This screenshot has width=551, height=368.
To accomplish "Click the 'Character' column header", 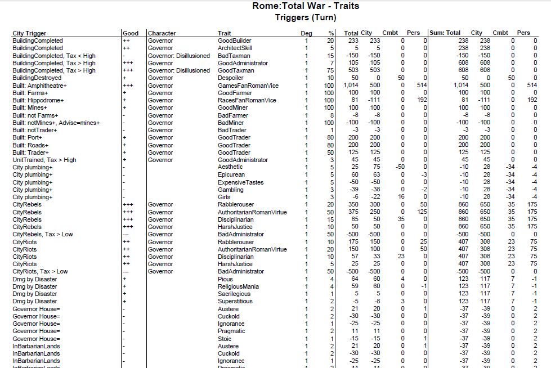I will pyautogui.click(x=162, y=33).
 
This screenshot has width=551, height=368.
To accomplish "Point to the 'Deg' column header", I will pyautogui.click(x=306, y=33).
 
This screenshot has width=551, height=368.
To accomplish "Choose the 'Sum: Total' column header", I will pyautogui.click(x=445, y=33).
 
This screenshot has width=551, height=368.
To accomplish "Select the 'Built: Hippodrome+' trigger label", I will pyautogui.click(x=38, y=100).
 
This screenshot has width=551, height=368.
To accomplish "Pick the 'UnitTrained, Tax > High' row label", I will pyautogui.click(x=44, y=160).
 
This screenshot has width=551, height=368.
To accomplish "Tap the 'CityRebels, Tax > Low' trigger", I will pyautogui.click(x=43, y=234).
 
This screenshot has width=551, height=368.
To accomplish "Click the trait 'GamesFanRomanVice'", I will pyautogui.click(x=247, y=86).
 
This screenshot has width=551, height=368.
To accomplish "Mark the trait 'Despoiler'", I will pyautogui.click(x=231, y=78).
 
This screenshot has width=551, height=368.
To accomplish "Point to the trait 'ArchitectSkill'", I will pyautogui.click(x=235, y=48).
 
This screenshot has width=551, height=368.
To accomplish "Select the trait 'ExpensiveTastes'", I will pyautogui.click(x=240, y=182).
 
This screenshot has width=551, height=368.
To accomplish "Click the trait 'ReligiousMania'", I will pyautogui.click(x=238, y=286).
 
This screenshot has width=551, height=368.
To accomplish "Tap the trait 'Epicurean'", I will pyautogui.click(x=231, y=175).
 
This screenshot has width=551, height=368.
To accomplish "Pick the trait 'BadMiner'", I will pyautogui.click(x=230, y=123).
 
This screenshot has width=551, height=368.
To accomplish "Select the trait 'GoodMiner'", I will pyautogui.click(x=232, y=107).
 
